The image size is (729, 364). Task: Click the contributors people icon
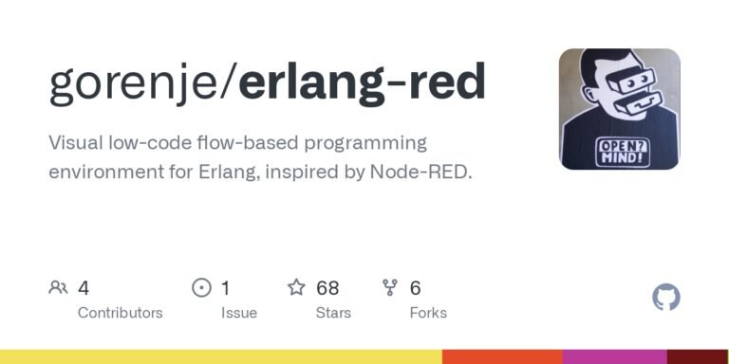point(58,287)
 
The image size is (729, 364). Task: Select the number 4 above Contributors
point(84,287)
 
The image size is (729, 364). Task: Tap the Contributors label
point(120,313)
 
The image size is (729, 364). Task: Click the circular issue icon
point(201,287)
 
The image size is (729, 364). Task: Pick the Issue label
point(239,313)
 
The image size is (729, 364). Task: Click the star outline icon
point(296,287)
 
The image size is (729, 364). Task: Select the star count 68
point(327,287)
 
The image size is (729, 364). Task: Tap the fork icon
point(389,287)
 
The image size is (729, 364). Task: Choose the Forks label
point(428,313)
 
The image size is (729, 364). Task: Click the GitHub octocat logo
point(666,298)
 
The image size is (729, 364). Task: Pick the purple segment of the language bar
point(614,356)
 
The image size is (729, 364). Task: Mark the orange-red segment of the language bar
point(502,356)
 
